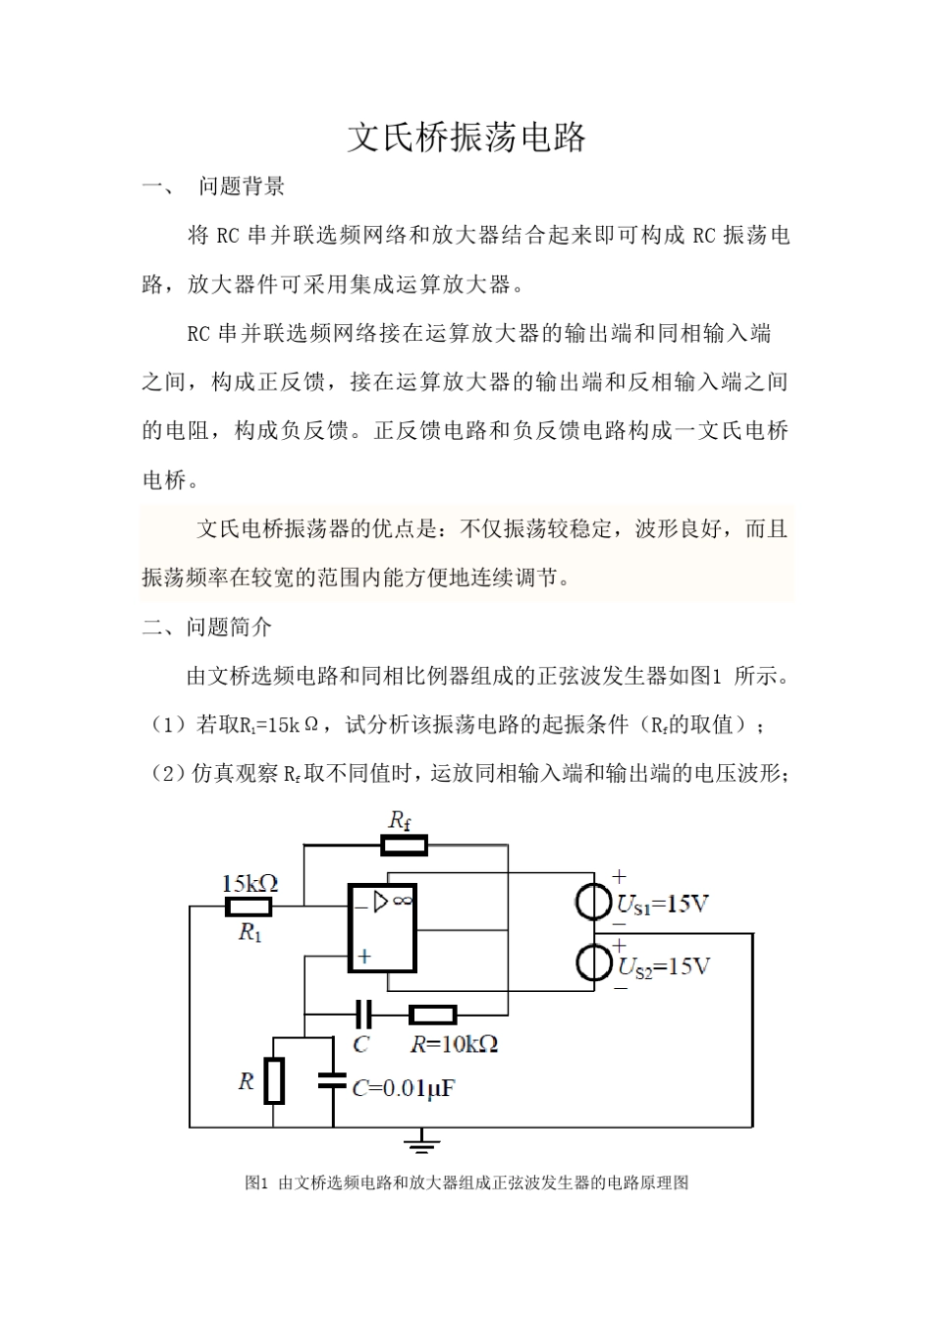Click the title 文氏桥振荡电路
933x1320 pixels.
pos(466,137)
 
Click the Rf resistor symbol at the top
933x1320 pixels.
pos(404,845)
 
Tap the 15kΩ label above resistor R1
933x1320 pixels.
pos(249,883)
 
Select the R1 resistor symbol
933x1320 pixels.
pos(248,907)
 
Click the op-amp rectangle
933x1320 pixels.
pos(382,927)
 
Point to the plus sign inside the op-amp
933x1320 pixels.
pos(364,956)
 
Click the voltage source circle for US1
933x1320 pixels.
pos(594,902)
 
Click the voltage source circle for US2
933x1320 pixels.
pos(594,962)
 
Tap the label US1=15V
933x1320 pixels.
pos(661,904)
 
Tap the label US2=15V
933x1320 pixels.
pos(663,966)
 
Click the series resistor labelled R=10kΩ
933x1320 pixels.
pos(432,1015)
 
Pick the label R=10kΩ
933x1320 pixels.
pos(454,1043)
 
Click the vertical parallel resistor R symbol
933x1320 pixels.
pos(274,1080)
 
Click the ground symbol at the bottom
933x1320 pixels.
pos(423,1141)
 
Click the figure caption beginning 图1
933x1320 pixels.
pos(466,1182)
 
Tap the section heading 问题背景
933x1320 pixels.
pos(242,187)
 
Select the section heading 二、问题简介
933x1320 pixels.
pos(207,628)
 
